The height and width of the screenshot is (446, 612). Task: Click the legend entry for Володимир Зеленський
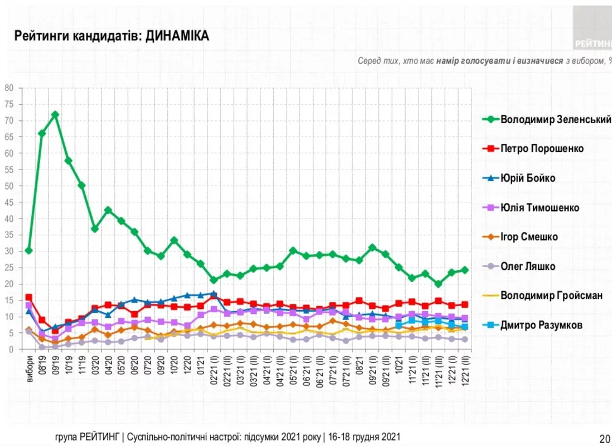coord(555,119)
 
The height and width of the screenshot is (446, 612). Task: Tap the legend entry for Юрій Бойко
coord(527,178)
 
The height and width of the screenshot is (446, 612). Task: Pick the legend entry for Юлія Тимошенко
coord(540,208)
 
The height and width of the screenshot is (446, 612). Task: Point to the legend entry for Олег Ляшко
coord(527,266)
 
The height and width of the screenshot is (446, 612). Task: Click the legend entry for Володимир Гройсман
coord(551,295)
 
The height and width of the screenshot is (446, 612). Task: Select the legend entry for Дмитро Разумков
coord(541,325)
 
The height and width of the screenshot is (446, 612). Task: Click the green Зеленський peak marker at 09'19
coord(55,115)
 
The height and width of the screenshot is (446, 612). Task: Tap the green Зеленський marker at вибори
coord(29,251)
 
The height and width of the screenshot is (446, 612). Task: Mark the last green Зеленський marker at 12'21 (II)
coord(464,270)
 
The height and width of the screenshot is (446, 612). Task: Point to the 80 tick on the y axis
coord(9,88)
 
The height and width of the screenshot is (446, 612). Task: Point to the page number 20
coord(604,438)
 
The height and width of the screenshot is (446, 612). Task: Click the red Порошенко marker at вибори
coord(29,298)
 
